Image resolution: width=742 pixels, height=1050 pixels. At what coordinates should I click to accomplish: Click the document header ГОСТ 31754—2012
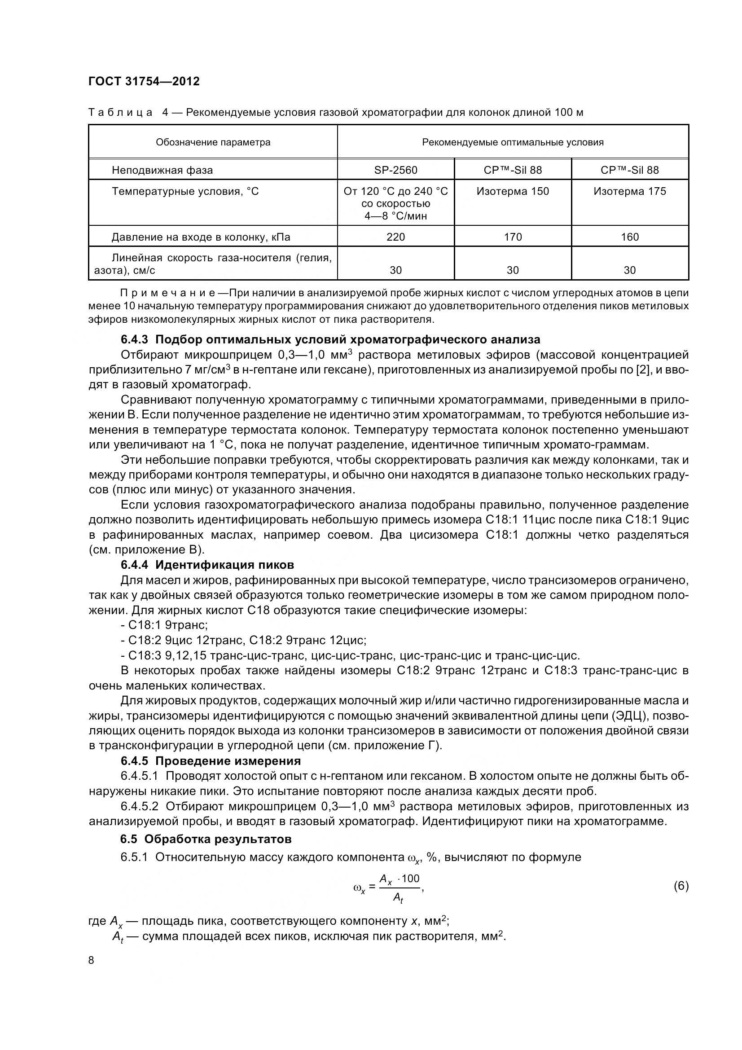click(144, 81)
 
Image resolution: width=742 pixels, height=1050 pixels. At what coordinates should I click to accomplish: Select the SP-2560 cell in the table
click(395, 170)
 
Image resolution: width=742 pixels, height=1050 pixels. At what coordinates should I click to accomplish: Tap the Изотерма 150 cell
click(513, 191)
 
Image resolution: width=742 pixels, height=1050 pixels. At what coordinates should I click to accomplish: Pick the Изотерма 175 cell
click(629, 191)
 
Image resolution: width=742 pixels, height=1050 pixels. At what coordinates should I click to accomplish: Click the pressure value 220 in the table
click(395, 237)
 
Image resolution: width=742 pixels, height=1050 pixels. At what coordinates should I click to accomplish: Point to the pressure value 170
click(513, 237)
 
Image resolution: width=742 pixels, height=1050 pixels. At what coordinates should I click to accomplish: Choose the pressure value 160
click(629, 237)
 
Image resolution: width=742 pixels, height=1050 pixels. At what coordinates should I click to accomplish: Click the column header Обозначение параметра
click(213, 142)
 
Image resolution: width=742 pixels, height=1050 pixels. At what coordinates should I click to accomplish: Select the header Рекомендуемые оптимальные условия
click(513, 142)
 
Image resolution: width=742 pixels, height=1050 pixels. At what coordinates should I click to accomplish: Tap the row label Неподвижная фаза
click(162, 171)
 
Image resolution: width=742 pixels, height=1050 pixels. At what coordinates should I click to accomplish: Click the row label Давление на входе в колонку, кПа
click(201, 237)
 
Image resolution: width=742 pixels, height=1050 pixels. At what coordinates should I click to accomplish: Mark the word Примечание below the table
click(168, 293)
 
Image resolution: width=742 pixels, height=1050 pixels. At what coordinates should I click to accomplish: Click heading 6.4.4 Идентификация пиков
click(207, 565)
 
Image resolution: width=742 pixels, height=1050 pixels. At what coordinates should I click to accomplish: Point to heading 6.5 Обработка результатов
click(206, 839)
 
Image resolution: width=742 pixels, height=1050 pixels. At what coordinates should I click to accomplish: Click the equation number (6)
click(681, 886)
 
